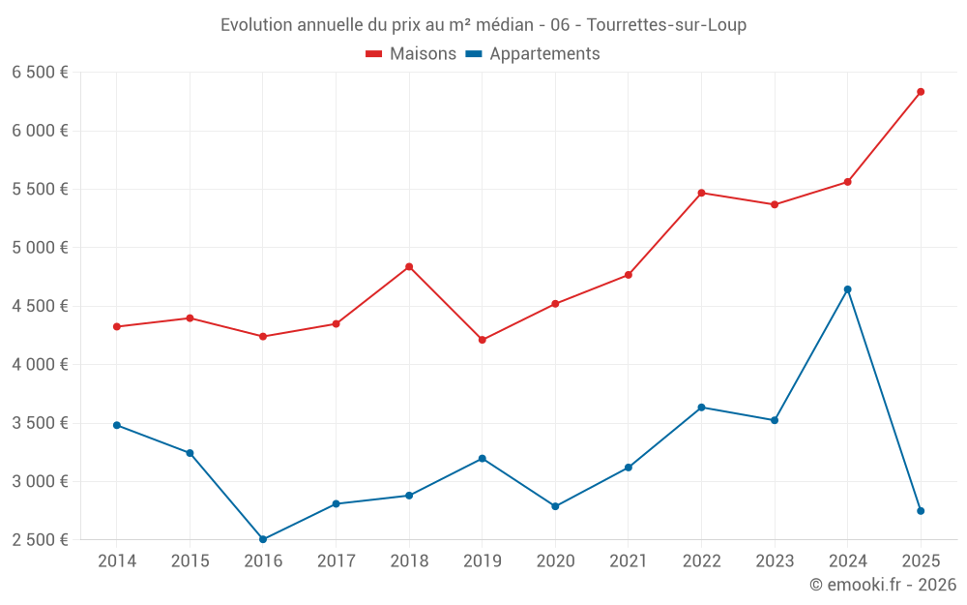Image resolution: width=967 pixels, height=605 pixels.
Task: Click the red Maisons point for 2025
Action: (x=921, y=92)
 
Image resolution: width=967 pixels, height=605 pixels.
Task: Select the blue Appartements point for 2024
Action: (x=847, y=289)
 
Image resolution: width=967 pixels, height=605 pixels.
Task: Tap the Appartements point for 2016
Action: (x=263, y=539)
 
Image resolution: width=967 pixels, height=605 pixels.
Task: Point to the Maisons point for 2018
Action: (x=409, y=266)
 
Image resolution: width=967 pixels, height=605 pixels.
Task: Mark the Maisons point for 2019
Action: (x=482, y=340)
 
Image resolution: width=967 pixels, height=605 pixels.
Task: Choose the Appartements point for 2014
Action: (x=117, y=425)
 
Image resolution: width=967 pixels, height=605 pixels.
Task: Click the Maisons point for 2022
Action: (x=701, y=193)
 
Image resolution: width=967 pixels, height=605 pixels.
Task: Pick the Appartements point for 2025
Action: (x=921, y=511)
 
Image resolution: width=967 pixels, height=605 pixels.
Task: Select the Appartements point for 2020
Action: (x=555, y=506)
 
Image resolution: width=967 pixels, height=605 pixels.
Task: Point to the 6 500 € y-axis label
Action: (x=40, y=73)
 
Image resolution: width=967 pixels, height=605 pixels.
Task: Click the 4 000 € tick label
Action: (x=40, y=365)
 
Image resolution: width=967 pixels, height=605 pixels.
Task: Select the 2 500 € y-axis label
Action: (x=40, y=540)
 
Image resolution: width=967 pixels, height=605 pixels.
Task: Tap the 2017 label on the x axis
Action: (x=336, y=561)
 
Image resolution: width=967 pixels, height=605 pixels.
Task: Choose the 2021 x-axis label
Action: (x=629, y=561)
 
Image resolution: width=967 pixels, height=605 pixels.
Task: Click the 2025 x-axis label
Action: (x=921, y=561)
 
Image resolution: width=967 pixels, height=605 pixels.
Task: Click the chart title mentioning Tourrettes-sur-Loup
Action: (x=483, y=25)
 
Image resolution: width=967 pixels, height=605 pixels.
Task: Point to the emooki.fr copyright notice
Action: (x=883, y=585)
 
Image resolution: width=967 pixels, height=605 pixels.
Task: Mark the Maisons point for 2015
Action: (x=190, y=318)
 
